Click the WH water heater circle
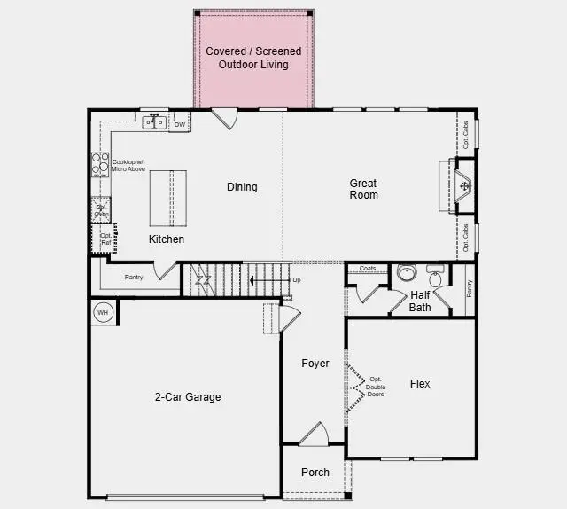(x=102, y=312)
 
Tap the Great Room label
(x=363, y=189)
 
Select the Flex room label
(x=420, y=384)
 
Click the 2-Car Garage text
(x=187, y=397)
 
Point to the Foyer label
(x=315, y=364)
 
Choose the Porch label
(x=315, y=473)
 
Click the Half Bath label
(x=420, y=301)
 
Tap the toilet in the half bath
(x=435, y=276)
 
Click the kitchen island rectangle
(x=168, y=199)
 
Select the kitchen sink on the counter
(x=154, y=123)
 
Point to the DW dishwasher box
(x=180, y=124)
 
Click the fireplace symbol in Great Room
(x=464, y=186)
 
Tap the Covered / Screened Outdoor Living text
(x=253, y=59)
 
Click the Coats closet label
(x=368, y=268)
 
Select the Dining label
(x=242, y=187)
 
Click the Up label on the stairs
(x=296, y=280)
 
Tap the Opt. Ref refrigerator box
(x=105, y=239)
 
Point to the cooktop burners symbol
(x=99, y=166)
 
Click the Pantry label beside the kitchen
(x=134, y=278)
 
